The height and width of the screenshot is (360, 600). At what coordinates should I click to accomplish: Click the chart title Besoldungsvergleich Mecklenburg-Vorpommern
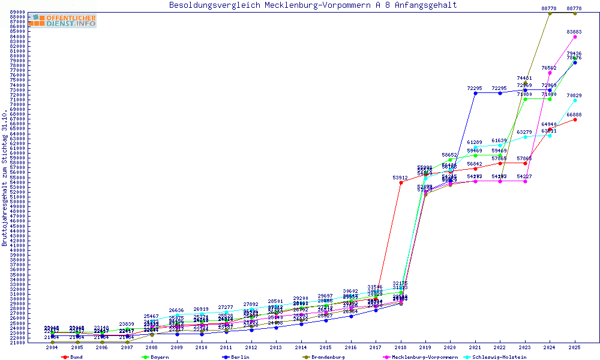click(313, 5)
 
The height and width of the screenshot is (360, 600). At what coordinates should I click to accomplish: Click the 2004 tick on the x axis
click(52, 347)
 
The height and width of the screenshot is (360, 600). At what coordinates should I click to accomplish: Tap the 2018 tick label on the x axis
click(401, 347)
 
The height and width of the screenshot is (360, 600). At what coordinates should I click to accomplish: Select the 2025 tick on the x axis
click(575, 347)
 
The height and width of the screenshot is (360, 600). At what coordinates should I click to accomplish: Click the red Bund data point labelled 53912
click(401, 182)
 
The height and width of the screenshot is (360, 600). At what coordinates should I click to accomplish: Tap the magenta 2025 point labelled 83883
click(575, 37)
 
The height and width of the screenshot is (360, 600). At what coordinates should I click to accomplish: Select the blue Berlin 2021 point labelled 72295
click(475, 93)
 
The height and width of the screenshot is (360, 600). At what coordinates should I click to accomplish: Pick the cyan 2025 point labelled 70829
click(575, 100)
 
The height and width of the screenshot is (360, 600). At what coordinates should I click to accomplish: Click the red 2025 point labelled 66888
click(575, 119)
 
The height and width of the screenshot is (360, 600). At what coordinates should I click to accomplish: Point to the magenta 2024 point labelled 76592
click(550, 73)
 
